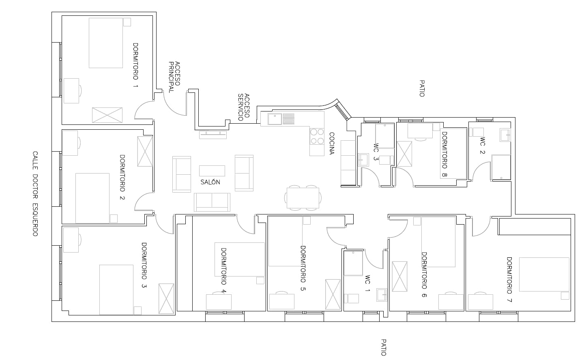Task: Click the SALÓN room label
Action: (210, 182)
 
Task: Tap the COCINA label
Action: (332, 144)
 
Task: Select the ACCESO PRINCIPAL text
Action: (174, 77)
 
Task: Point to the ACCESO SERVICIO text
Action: (244, 107)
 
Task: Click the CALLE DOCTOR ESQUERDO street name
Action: (35, 194)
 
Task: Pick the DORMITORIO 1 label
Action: (135, 65)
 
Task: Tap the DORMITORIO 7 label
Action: (509, 279)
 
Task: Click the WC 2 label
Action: (482, 146)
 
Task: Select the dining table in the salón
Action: (303, 198)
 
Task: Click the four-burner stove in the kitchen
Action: (317, 136)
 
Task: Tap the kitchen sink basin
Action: (275, 119)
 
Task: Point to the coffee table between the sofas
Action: (212, 171)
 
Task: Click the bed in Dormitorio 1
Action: (106, 43)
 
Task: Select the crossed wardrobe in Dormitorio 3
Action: (166, 299)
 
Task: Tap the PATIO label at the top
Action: (422, 88)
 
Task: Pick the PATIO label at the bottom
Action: (383, 347)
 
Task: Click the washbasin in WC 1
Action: (382, 295)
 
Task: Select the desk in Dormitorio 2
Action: (70, 143)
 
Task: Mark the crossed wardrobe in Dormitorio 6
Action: (400, 276)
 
